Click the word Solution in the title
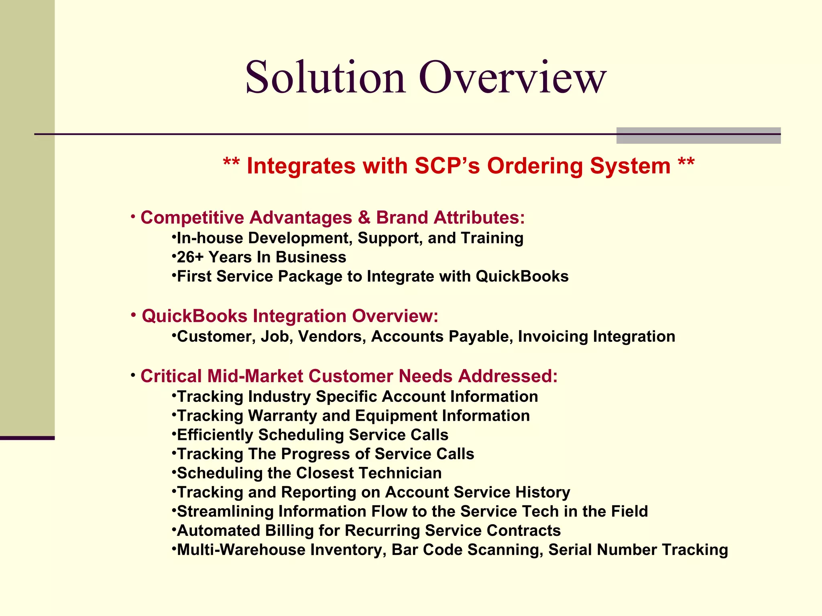[x=325, y=77]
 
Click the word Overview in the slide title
[x=513, y=77]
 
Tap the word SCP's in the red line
[x=447, y=166]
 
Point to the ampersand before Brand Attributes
[x=364, y=218]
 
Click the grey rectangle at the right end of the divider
[x=698, y=136]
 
